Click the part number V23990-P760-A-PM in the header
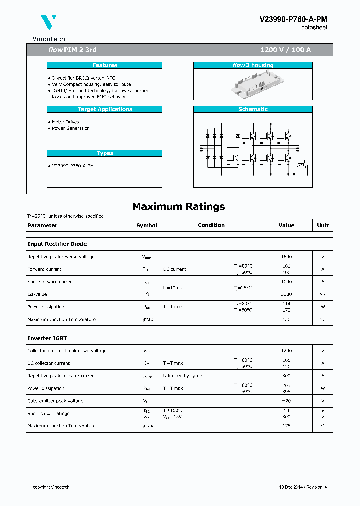tap(293, 19)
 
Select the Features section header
tap(105, 65)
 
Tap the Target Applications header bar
tap(105, 109)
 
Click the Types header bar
tap(105, 153)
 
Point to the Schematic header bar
tap(253, 109)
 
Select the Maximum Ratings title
tap(178, 206)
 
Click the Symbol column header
tap(147, 225)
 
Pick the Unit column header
tap(323, 225)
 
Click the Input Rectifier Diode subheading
tap(57, 244)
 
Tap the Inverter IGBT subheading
tap(47, 338)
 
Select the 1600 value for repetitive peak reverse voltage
tap(286, 257)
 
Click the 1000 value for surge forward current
tap(286, 282)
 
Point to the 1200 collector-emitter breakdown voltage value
tap(286, 351)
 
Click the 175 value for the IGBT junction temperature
tap(286, 426)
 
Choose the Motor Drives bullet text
tap(65, 122)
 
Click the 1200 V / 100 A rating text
tap(286, 50)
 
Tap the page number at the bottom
tap(179, 487)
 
